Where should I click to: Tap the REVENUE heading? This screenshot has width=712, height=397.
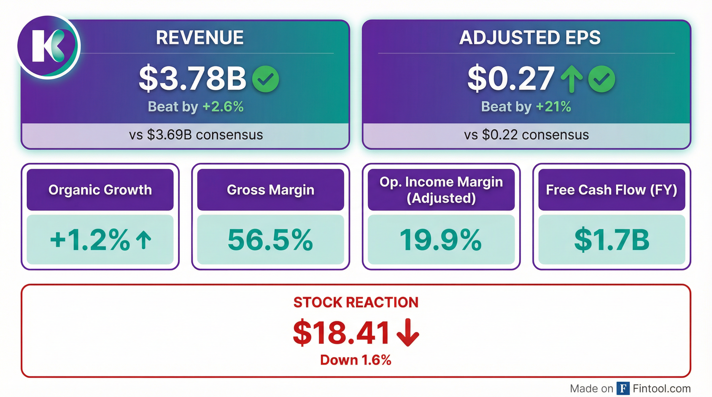199,37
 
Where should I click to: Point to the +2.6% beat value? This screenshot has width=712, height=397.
223,106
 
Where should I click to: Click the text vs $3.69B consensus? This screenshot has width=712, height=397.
196,135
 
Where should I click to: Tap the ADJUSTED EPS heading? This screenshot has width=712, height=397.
530,37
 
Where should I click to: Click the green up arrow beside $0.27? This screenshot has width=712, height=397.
571,79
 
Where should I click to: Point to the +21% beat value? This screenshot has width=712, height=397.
553,106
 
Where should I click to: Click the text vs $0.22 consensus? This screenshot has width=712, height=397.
526,135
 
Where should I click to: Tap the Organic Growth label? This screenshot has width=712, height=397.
100,190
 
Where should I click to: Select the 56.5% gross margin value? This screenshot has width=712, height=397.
270,240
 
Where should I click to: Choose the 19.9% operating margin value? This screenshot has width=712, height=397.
441,240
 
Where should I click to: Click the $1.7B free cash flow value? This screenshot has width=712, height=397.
612,240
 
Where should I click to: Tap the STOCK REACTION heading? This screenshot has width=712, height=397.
356,302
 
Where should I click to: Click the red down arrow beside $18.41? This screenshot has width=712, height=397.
408,332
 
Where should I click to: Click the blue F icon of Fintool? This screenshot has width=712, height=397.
623,388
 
